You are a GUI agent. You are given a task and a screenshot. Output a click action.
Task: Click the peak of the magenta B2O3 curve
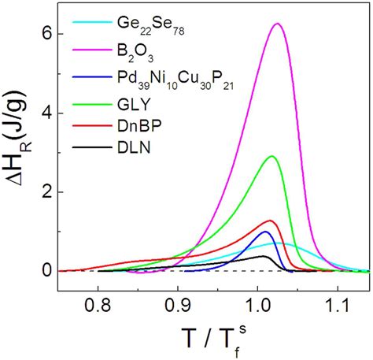(x=277, y=24)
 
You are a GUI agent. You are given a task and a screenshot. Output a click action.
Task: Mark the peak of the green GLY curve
(x=272, y=156)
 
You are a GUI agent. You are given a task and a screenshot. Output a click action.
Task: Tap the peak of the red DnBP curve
(x=269, y=221)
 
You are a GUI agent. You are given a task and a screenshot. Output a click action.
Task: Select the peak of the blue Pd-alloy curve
(x=265, y=232)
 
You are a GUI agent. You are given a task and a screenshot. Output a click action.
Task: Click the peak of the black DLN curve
(x=265, y=256)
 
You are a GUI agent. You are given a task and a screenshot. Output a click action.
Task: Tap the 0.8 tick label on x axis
(x=98, y=301)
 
